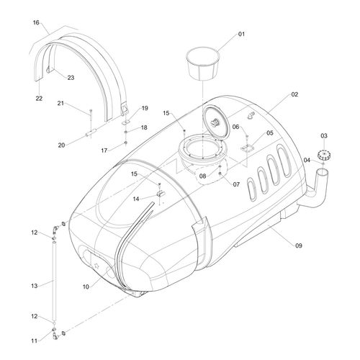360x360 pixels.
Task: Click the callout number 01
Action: pos(241,34)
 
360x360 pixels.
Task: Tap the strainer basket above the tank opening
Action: pos(203,63)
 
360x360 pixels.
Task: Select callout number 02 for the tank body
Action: pos(294,94)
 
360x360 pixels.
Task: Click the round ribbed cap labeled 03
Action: pos(324,155)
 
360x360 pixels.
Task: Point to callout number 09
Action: pos(299,246)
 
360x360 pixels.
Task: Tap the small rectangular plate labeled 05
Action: pos(247,148)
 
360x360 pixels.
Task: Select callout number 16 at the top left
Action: pos(36,22)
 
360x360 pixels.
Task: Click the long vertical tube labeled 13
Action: pos(55,282)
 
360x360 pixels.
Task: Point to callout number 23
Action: pos(71,78)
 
